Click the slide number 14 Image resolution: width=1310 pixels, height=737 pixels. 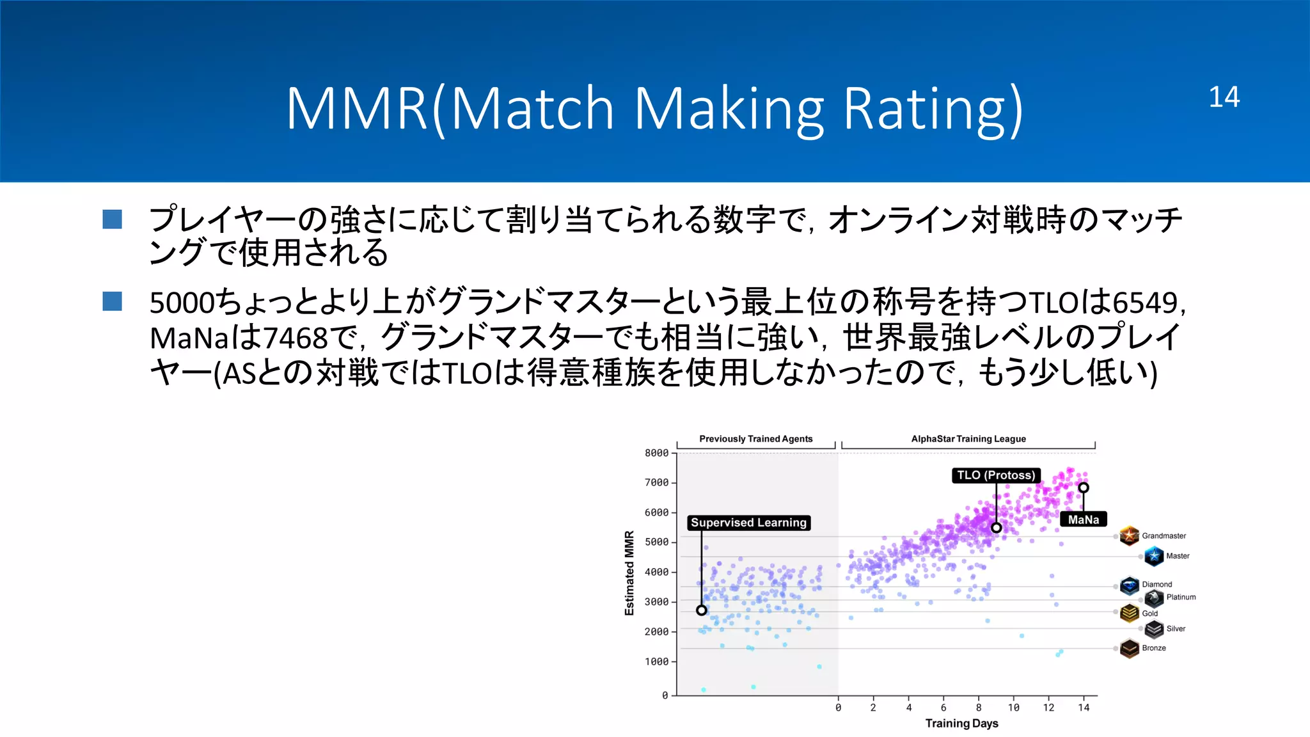click(x=1224, y=97)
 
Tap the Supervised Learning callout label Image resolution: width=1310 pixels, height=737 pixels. click(x=748, y=523)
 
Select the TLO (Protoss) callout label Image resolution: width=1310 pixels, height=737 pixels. click(x=996, y=475)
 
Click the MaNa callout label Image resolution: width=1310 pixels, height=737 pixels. click(x=1083, y=519)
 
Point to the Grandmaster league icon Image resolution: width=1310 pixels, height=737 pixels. click(x=1130, y=535)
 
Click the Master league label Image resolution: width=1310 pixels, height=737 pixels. click(x=1178, y=556)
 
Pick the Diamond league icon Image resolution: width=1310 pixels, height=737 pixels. click(x=1130, y=585)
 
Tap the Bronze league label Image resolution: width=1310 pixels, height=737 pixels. click(x=1154, y=648)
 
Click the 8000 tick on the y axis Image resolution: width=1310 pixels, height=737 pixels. click(x=656, y=453)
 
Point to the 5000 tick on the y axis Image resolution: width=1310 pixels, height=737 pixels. click(x=656, y=542)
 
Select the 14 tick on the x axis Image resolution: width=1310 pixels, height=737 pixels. click(x=1084, y=708)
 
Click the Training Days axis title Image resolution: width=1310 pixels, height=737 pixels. click(x=961, y=724)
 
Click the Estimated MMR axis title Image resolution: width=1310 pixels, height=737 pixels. click(x=629, y=573)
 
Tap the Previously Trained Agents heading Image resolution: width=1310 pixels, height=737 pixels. click(x=755, y=439)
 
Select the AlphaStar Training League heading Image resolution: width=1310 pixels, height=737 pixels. click(x=968, y=439)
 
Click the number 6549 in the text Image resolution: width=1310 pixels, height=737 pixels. click(x=1145, y=303)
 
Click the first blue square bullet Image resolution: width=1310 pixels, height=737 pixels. click(x=113, y=219)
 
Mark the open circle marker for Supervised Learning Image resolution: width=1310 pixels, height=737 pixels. click(x=702, y=610)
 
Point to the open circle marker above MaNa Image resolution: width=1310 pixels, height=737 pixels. click(x=1084, y=487)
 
